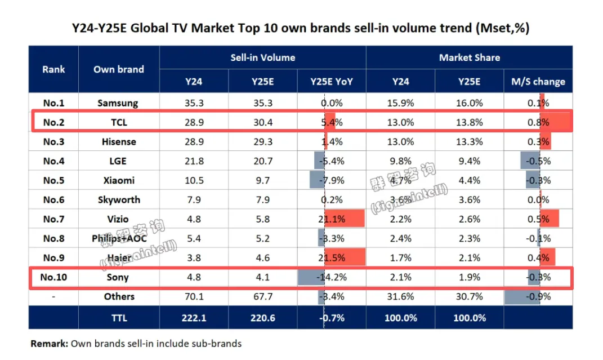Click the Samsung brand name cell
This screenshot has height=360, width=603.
coord(118,103)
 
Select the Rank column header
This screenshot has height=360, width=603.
coord(53,69)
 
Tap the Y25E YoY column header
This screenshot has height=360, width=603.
coord(332,82)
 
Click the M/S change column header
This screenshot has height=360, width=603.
coord(538,82)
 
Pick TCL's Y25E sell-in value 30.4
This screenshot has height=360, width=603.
coord(263,122)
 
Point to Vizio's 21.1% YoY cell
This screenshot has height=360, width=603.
coord(332,219)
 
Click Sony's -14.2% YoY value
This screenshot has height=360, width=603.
coord(332,277)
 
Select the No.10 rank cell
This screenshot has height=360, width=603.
coord(53,277)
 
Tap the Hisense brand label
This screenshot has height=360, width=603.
coord(119,142)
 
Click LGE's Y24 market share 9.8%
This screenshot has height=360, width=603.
coord(400,161)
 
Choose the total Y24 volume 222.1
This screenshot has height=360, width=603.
coord(194,318)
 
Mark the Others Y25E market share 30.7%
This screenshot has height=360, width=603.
coord(469,297)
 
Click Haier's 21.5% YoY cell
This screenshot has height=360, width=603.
coord(332,258)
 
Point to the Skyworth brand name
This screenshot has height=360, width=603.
coord(119,200)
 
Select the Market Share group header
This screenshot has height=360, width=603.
coord(469,57)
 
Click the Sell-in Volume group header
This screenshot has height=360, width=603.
coord(262,57)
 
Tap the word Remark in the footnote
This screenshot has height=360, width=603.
coord(50,343)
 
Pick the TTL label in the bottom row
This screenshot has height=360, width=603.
coord(119,318)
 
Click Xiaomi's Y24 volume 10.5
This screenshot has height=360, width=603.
coord(194,180)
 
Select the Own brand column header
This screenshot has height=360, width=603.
coord(119,69)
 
